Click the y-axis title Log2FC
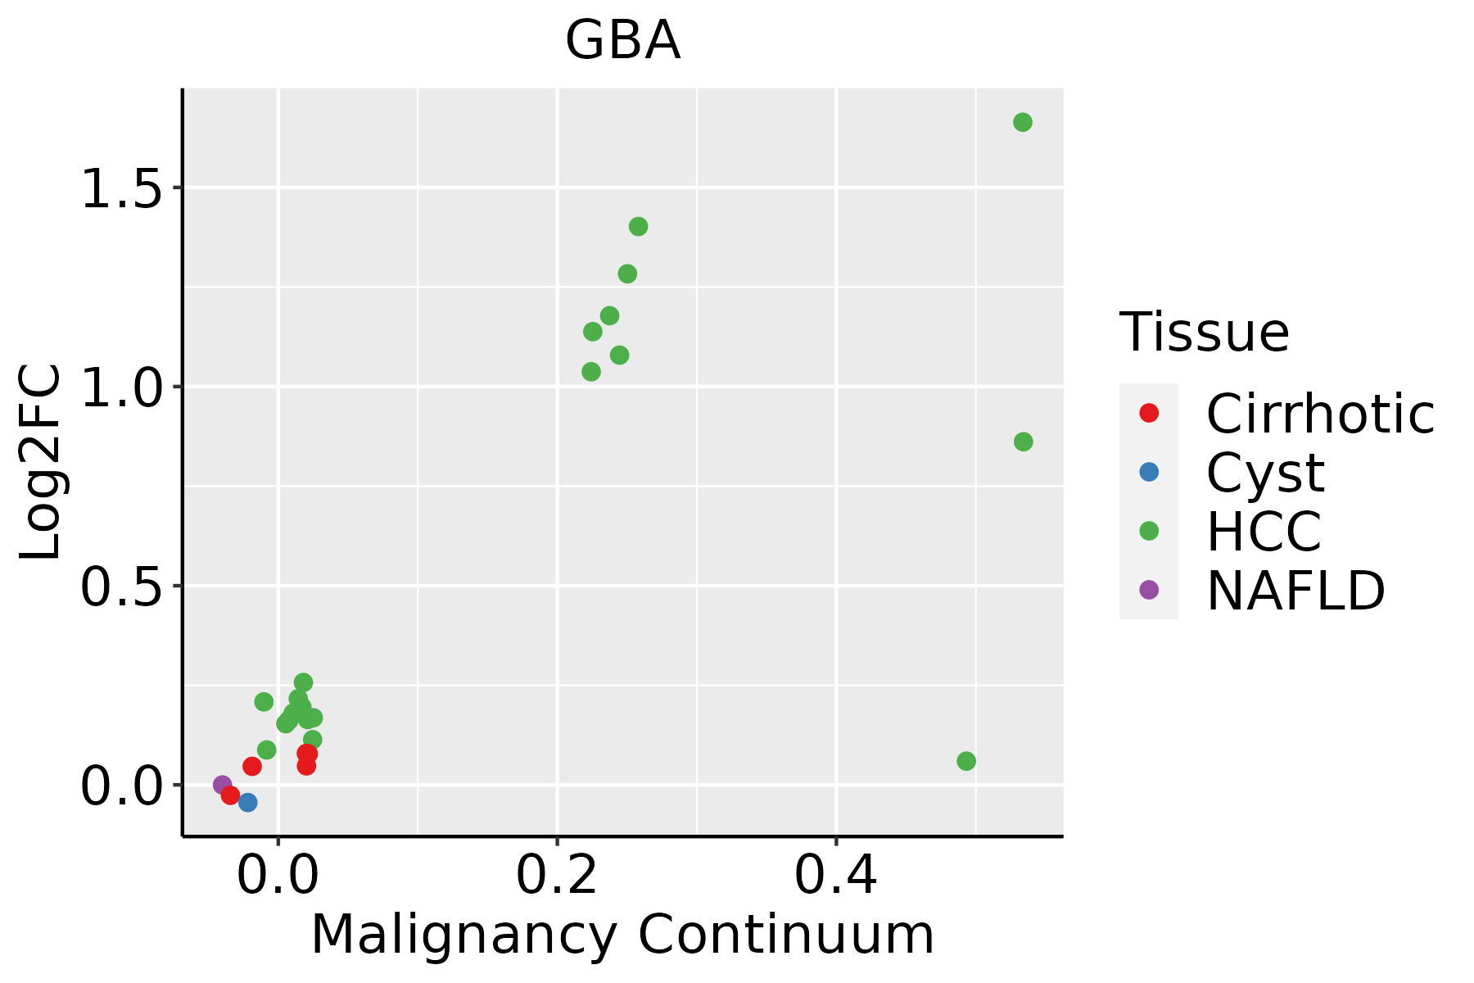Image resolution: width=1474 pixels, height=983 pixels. coord(41,463)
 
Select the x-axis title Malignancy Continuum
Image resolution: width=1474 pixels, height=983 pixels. coord(622,935)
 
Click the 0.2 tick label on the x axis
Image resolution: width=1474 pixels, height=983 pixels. coord(557,875)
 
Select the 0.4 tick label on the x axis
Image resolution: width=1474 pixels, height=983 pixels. coord(836,875)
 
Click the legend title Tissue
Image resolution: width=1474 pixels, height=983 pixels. coord(1204,333)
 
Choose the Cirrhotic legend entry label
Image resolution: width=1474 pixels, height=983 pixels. coord(1320,414)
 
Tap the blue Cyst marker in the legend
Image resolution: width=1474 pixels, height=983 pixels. coord(1149,472)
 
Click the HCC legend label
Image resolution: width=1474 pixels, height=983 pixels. coord(1264,531)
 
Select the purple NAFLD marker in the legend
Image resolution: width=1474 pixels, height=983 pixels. coord(1149,590)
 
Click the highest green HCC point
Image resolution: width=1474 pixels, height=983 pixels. coord(1023,122)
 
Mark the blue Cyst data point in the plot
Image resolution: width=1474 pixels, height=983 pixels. coord(247,802)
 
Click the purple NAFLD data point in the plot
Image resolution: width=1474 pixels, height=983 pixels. coord(222,785)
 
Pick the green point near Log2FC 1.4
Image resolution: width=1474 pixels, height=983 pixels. coord(638,226)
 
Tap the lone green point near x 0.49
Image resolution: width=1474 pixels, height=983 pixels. coord(966,761)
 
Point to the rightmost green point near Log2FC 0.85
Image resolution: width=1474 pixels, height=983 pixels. coord(1024,442)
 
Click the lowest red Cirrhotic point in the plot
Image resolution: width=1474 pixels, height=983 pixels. coord(230,795)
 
